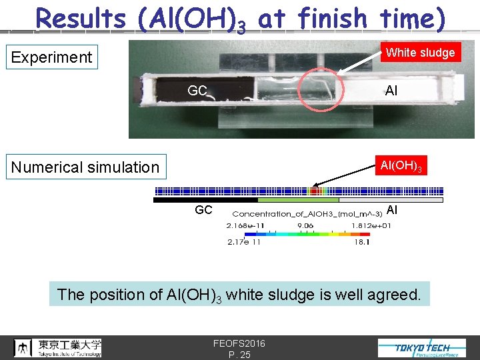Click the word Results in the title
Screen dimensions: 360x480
coord(81,19)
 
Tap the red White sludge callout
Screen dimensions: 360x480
coord(421,53)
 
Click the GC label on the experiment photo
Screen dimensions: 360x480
coord(197,91)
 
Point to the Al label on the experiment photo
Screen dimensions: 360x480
coord(391,91)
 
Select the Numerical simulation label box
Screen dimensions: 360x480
coord(85,167)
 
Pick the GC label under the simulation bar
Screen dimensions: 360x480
coord(203,210)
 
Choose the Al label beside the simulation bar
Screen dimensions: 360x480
coord(392,210)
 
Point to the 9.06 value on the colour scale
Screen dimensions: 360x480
coord(306,226)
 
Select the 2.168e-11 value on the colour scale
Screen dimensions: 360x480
coord(245,226)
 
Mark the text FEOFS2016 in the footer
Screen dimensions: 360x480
coord(239,343)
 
